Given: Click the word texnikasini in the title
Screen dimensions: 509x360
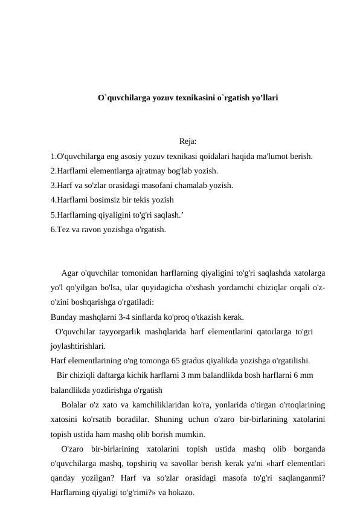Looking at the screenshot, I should point(184,97).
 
